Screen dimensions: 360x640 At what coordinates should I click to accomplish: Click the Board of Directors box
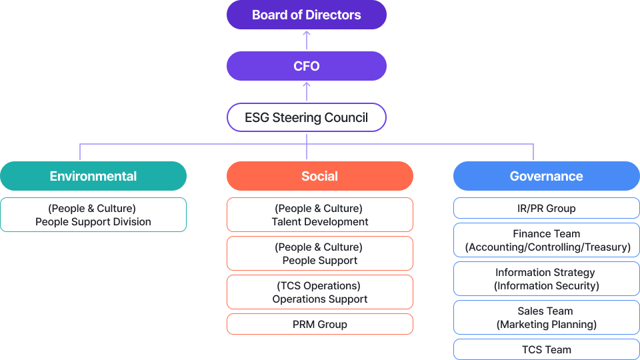click(307, 15)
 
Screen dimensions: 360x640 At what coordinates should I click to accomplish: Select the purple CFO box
click(307, 66)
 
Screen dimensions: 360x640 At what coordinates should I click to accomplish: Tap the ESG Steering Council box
click(307, 117)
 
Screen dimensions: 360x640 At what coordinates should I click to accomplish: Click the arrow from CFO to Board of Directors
click(307, 40)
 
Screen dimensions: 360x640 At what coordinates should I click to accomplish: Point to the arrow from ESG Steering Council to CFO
click(307, 91)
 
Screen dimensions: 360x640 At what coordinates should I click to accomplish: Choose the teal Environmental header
click(93, 176)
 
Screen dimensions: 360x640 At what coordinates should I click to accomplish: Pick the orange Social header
click(320, 176)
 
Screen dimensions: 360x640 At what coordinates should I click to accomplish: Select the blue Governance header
click(547, 176)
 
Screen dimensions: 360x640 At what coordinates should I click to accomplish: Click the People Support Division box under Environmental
click(93, 215)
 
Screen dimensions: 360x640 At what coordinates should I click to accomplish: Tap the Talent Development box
click(320, 215)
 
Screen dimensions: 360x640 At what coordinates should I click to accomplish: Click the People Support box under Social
click(320, 253)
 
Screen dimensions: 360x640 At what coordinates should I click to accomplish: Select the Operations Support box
click(320, 292)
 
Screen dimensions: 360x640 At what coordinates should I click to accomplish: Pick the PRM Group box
click(320, 324)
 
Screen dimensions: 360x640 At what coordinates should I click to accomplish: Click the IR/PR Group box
click(547, 208)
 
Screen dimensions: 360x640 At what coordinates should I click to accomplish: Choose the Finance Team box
click(547, 240)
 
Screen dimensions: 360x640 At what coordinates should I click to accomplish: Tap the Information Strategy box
click(547, 279)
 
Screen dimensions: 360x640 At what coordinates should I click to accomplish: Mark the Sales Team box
click(547, 317)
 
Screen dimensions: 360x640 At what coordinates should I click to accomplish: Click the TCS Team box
click(547, 349)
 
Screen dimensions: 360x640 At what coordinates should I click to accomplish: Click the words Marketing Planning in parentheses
click(547, 325)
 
